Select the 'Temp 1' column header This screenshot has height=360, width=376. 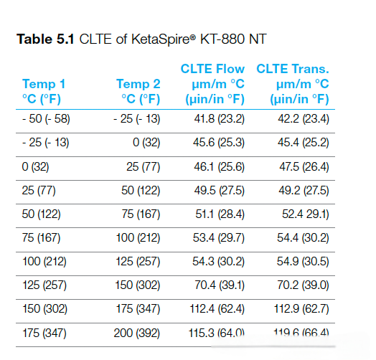(44, 84)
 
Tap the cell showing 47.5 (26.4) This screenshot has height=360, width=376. (303, 166)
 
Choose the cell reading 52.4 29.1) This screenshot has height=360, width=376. (303, 214)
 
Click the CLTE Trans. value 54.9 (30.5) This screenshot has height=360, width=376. (303, 261)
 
